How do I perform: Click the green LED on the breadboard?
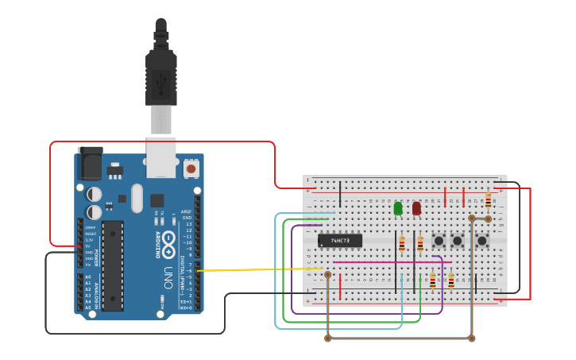click(398, 208)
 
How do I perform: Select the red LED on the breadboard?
click(416, 208)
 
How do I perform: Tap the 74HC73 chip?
click(340, 240)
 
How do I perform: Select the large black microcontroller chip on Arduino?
click(113, 265)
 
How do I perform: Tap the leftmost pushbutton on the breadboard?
click(438, 239)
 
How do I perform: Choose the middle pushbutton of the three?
click(457, 239)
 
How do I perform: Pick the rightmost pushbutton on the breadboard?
click(482, 239)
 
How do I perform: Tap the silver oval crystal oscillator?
click(137, 198)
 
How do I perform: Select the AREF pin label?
click(187, 211)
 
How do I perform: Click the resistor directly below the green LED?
click(402, 244)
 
